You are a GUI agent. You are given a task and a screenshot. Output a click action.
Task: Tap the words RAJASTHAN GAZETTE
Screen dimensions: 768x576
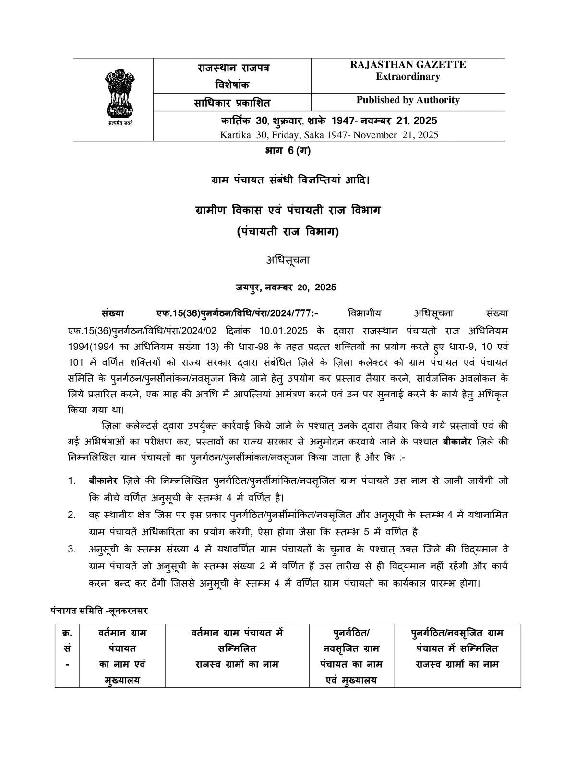(408, 65)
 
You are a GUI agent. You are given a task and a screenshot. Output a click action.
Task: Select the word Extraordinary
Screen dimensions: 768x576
(408, 77)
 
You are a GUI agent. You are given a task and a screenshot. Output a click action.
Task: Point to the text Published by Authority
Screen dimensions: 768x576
(408, 100)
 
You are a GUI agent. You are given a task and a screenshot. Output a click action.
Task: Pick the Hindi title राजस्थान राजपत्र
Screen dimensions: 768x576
(233, 68)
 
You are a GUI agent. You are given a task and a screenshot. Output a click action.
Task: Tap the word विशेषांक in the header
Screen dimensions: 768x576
(232, 85)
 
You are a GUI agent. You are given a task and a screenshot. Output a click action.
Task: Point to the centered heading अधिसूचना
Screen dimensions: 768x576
(288, 260)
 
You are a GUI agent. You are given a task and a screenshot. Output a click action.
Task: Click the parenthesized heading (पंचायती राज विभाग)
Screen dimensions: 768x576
(288, 232)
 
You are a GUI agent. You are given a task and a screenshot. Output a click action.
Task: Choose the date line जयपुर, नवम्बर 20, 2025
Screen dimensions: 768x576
(286, 288)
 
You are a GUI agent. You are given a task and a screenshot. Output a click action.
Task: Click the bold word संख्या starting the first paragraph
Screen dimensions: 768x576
(113, 313)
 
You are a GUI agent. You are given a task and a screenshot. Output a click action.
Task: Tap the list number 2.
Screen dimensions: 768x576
(72, 515)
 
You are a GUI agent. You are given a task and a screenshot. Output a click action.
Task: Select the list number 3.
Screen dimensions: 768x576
(72, 550)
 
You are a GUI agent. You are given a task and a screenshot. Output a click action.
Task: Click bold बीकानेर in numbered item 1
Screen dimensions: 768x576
(104, 480)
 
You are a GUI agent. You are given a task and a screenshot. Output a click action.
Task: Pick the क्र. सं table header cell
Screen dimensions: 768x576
(67, 648)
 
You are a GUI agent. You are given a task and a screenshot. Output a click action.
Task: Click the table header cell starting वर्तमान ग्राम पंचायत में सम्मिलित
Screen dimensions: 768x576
(237, 648)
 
